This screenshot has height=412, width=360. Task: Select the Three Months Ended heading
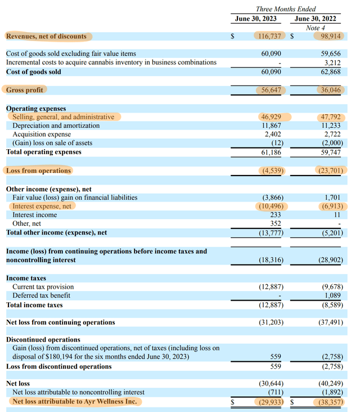click(x=286, y=9)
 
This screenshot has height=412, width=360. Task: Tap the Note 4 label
click(x=316, y=28)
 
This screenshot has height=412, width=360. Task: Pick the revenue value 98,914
click(x=328, y=37)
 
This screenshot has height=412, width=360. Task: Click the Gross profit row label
click(x=25, y=90)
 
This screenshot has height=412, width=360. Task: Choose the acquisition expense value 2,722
click(x=331, y=135)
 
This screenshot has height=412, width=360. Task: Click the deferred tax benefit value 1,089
click(x=331, y=295)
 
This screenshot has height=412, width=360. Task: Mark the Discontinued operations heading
click(x=43, y=339)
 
